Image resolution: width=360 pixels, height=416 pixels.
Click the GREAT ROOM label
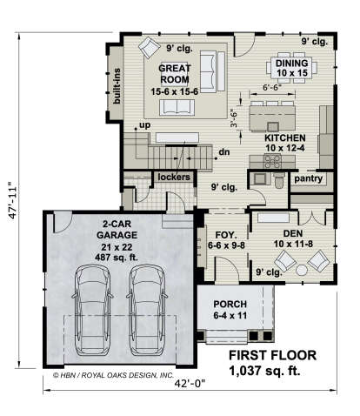click(x=175, y=74)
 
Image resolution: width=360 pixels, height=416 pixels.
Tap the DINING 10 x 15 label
click(x=291, y=68)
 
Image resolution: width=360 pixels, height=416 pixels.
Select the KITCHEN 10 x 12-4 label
click(x=285, y=143)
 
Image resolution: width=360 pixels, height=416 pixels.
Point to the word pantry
click(x=309, y=178)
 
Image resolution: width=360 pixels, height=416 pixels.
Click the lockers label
click(x=174, y=177)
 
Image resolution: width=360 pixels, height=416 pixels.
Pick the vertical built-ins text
click(x=117, y=86)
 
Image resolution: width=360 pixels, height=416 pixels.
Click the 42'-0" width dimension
click(x=190, y=384)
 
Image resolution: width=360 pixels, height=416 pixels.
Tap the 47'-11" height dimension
click(x=13, y=200)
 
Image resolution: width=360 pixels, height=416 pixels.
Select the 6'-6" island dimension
click(x=272, y=87)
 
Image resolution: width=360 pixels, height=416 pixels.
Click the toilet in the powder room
click(x=279, y=180)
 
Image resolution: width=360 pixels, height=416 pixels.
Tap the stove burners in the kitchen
click(x=273, y=162)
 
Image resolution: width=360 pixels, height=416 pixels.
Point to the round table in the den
click(x=302, y=270)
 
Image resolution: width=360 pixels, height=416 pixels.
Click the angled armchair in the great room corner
click(x=149, y=47)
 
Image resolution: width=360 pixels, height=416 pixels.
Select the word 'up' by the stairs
click(x=145, y=125)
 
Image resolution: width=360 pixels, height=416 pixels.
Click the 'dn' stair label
click(x=224, y=151)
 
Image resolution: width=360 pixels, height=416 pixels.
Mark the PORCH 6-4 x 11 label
click(x=230, y=310)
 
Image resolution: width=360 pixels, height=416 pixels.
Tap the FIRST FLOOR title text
click(x=272, y=356)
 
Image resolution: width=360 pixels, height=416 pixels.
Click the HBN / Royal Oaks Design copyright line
click(x=113, y=375)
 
